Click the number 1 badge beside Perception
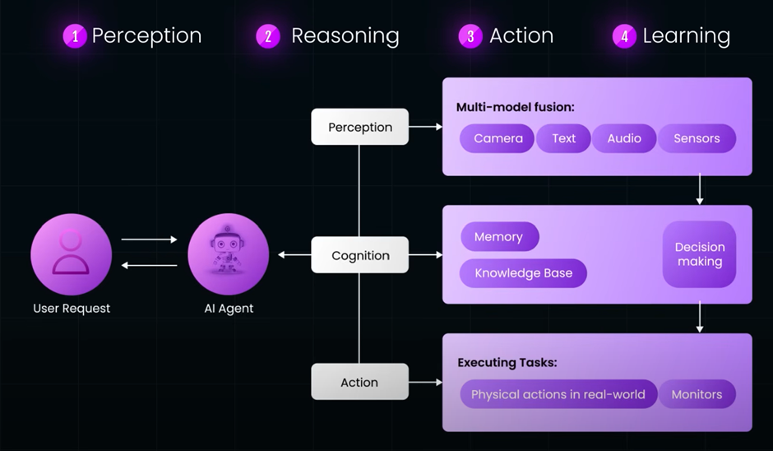[x=75, y=36]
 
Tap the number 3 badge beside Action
[x=470, y=36]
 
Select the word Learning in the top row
[x=686, y=36]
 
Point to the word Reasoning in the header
[x=345, y=36]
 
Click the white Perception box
[x=359, y=127]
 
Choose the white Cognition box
[x=359, y=255]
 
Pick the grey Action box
[x=359, y=382]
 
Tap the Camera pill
[x=498, y=138]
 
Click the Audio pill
[x=623, y=138]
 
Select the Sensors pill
[x=697, y=138]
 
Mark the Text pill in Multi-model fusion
[x=563, y=138]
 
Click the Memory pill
[x=498, y=237]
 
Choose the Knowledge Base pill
[x=523, y=273]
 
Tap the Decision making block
[x=699, y=254]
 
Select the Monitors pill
[x=697, y=394]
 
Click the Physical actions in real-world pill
[x=558, y=394]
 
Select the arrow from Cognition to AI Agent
[x=294, y=255]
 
